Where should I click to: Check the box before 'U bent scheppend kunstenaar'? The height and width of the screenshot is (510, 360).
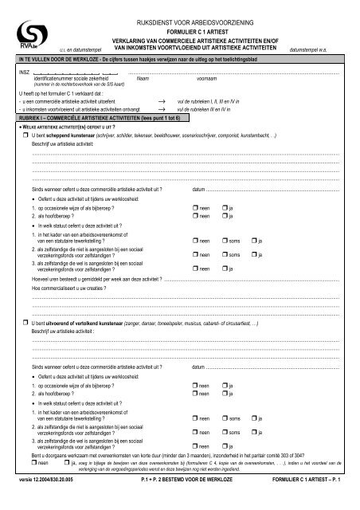pos(25,136)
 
